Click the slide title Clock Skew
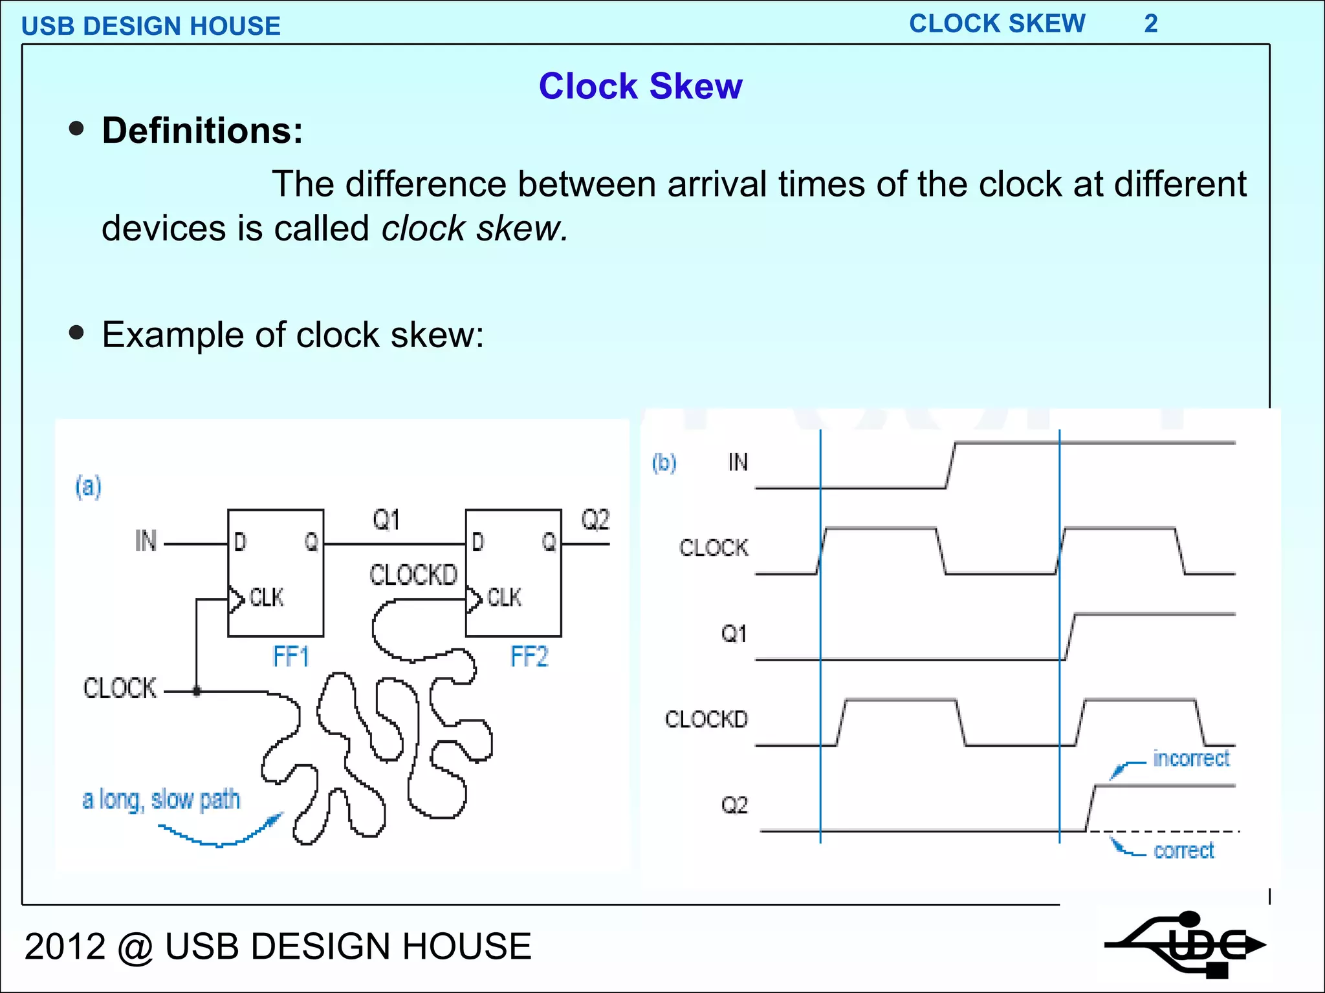641,87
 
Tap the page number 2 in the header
1150,24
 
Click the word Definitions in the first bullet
202,131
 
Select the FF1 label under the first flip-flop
290,657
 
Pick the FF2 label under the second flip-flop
529,657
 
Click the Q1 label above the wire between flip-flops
386,520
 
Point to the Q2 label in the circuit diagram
595,520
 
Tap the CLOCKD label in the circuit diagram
413,575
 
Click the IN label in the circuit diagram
146,541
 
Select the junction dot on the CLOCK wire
197,691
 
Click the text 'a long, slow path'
161,800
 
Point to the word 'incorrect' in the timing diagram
1191,758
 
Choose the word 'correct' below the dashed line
1184,851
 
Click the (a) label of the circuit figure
89,486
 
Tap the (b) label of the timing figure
664,463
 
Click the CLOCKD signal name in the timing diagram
706,720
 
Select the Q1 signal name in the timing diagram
734,634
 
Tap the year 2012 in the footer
65,946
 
